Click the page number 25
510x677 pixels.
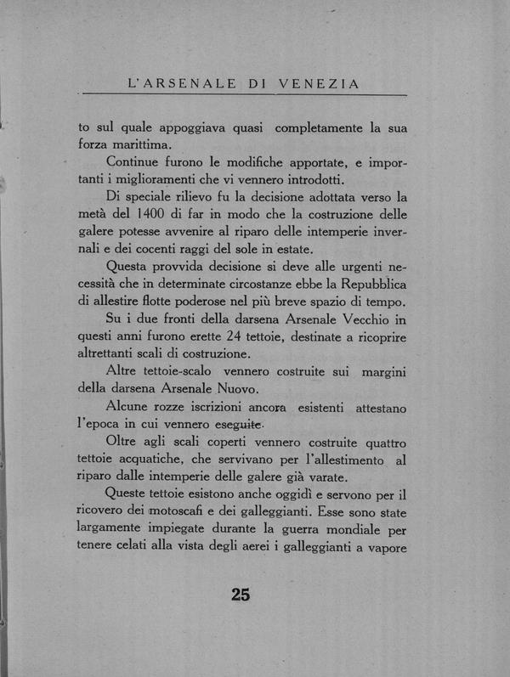[x=241, y=595]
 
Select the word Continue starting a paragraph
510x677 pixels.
[x=137, y=161]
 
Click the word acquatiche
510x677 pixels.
[x=168, y=460]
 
